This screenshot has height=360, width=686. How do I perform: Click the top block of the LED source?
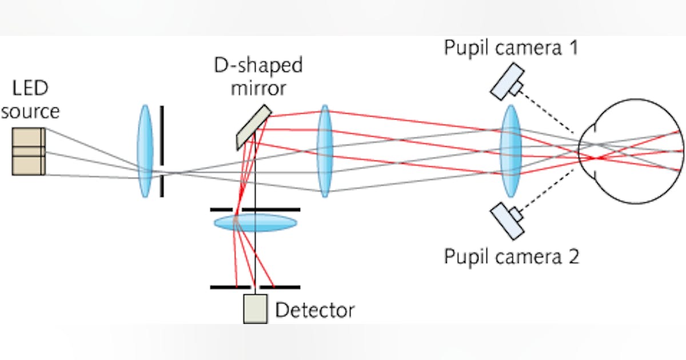tap(29, 137)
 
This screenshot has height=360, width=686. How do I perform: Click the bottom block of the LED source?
tap(29, 165)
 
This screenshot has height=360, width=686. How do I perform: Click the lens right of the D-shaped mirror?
tap(325, 151)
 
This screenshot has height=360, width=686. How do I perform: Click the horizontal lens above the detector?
tap(256, 222)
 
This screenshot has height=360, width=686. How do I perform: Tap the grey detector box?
tap(255, 309)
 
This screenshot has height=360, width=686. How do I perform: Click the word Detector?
tap(315, 310)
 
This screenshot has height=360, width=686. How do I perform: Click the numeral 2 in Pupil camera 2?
tap(572, 256)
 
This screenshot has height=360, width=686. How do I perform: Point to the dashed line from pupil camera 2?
tap(549, 190)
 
